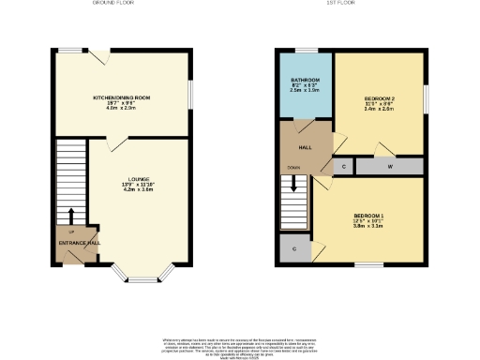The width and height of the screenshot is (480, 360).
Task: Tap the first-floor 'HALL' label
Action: pyautogui.click(x=306, y=147)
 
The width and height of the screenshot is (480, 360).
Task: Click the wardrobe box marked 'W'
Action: pyautogui.click(x=389, y=167)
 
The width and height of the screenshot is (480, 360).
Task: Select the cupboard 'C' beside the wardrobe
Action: pyautogui.click(x=344, y=167)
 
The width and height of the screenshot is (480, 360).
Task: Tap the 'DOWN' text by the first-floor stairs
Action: pyautogui.click(x=293, y=168)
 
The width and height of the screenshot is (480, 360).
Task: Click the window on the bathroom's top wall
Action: pyautogui.click(x=305, y=49)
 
